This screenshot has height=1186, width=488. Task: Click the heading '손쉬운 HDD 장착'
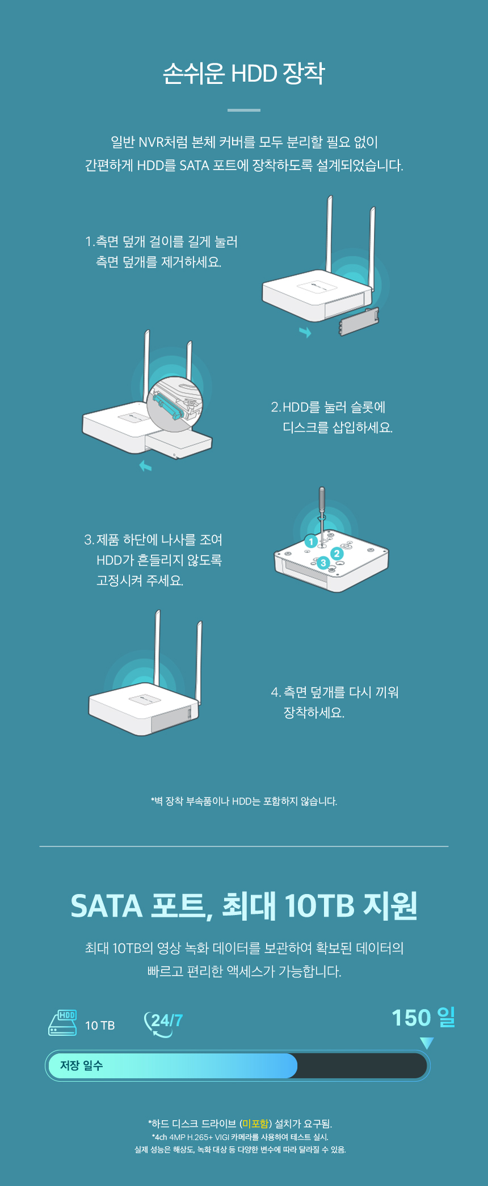pyautogui.click(x=244, y=74)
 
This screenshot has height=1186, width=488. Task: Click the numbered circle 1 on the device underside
pyautogui.click(x=310, y=541)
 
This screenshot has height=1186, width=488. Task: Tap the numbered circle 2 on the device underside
pyautogui.click(x=337, y=553)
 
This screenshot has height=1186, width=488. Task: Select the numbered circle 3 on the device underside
pyautogui.click(x=323, y=562)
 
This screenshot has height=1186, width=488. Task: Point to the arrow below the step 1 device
pyautogui.click(x=305, y=332)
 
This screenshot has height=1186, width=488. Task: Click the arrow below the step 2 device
pyautogui.click(x=146, y=466)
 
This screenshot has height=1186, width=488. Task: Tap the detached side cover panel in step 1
pyautogui.click(x=358, y=321)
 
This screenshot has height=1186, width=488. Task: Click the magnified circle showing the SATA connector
pyautogui.click(x=175, y=403)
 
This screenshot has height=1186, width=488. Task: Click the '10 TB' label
pyautogui.click(x=100, y=1026)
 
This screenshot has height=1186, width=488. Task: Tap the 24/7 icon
pyautogui.click(x=163, y=1024)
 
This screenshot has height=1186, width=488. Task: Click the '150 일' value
pyautogui.click(x=423, y=1018)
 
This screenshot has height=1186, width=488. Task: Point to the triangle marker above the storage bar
pyautogui.click(x=427, y=1043)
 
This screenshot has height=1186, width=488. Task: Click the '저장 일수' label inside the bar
pyautogui.click(x=82, y=1066)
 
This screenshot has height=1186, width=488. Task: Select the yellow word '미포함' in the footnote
pyautogui.click(x=255, y=1124)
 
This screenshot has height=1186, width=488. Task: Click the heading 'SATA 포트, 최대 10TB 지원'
pyautogui.click(x=244, y=905)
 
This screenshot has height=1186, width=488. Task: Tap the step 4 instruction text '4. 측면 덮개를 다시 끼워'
pyautogui.click(x=335, y=692)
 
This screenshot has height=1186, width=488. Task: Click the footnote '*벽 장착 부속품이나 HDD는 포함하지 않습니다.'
pyautogui.click(x=244, y=801)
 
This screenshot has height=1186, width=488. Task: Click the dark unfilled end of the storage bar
pyautogui.click(x=362, y=1066)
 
